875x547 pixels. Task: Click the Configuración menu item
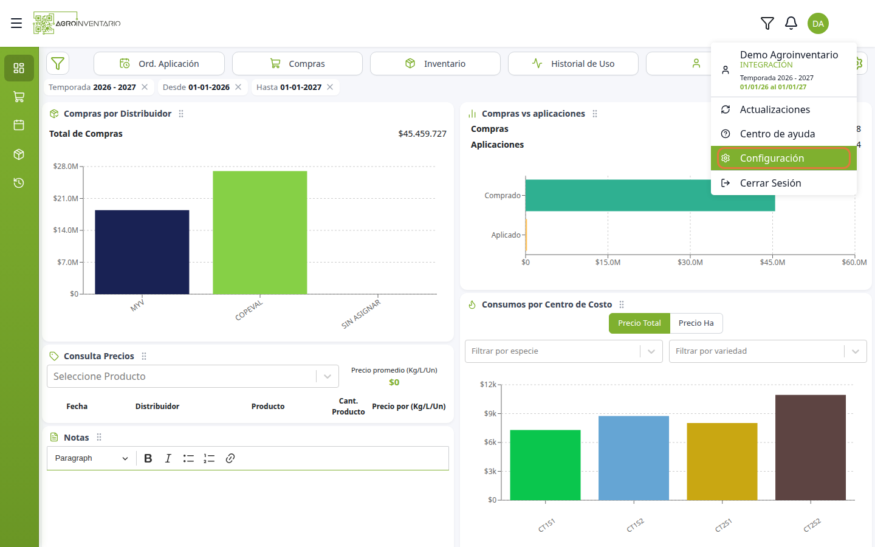783,158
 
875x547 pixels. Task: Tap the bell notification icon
791,24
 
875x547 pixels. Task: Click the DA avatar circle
818,24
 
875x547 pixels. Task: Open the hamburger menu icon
16,23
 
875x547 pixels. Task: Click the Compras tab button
297,64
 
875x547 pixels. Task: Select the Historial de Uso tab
573,64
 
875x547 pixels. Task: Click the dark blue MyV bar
142,252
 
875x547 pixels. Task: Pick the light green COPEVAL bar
260,232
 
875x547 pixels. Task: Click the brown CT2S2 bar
811,447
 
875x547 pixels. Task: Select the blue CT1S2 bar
634,458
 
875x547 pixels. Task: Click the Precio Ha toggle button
696,323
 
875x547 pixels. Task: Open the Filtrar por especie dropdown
564,351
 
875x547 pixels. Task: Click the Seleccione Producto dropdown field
193,376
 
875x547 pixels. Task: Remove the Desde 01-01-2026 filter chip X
238,87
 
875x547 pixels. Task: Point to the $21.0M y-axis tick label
66,199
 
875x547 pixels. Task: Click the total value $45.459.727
422,134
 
